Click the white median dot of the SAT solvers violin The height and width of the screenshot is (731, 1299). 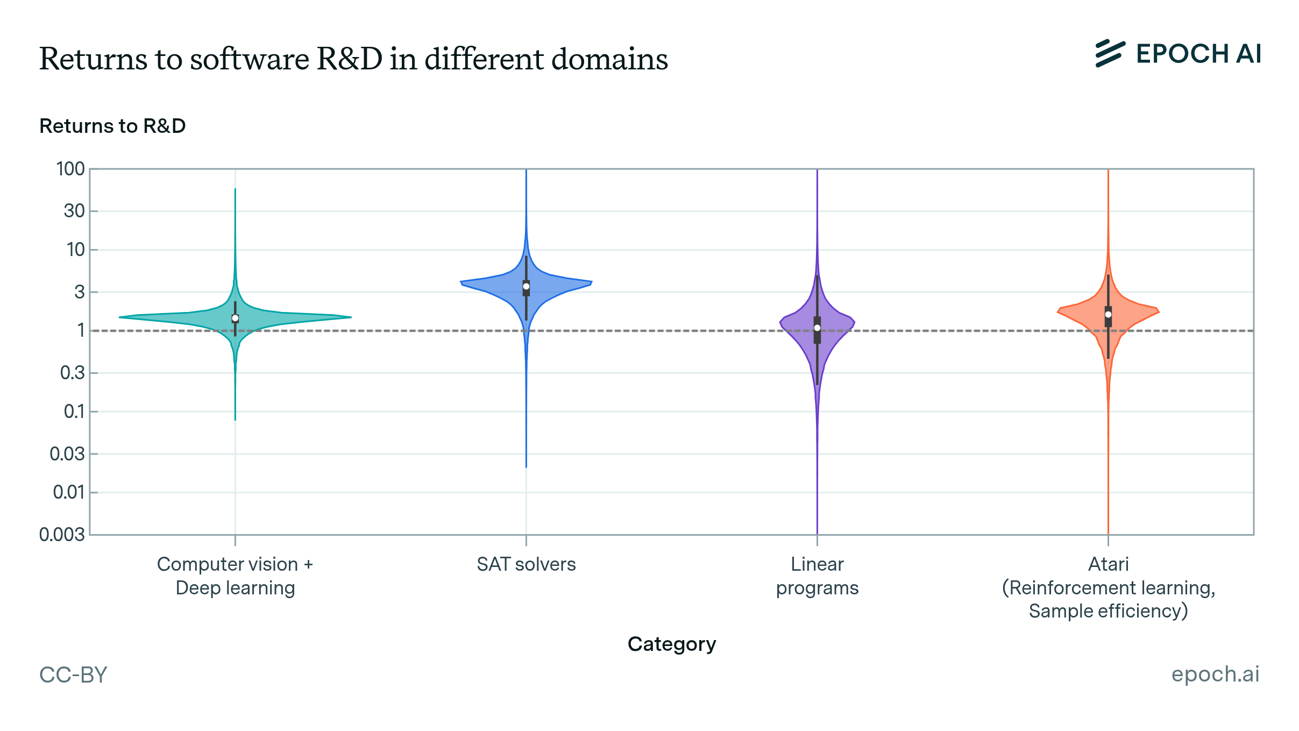[526, 286]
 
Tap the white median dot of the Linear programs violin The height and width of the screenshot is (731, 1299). [817, 328]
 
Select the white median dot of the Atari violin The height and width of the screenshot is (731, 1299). [1108, 315]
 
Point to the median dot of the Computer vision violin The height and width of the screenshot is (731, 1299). [235, 318]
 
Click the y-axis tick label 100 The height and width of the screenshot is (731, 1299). [70, 169]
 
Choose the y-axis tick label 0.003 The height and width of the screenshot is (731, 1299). [62, 535]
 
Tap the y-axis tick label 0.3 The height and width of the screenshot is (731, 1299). [72, 372]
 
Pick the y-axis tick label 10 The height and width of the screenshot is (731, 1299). [75, 250]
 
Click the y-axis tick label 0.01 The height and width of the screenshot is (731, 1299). [68, 492]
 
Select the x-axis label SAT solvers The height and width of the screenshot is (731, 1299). [526, 564]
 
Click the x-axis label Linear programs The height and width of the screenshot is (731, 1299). [817, 576]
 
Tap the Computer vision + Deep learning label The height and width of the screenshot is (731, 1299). [235, 576]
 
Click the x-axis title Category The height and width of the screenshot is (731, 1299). [672, 644]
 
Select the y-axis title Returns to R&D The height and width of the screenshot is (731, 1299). [112, 126]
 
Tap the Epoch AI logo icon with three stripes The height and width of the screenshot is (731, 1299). [1110, 54]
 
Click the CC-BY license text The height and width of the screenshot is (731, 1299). [73, 675]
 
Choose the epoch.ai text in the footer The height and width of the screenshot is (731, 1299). [1215, 674]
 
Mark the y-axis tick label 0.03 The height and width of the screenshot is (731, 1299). [67, 454]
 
